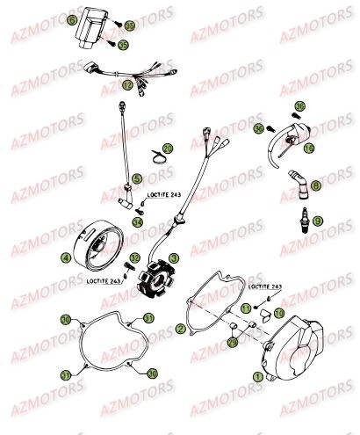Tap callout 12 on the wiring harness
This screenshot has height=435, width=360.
click(127, 85)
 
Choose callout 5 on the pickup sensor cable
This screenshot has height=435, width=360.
click(137, 179)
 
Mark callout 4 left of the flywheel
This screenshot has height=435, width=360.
click(66, 258)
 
